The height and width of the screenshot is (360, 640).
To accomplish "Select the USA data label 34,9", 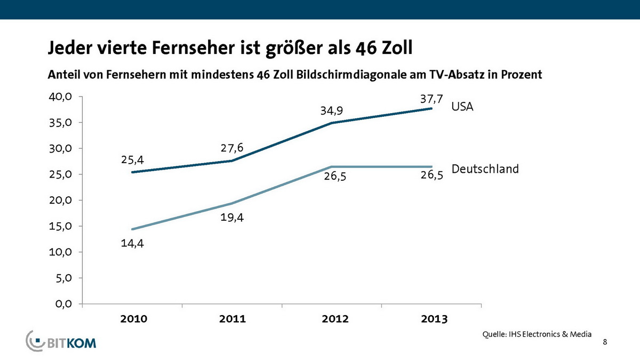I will click(x=331, y=111).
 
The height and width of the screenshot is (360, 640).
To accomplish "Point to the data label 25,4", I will click(x=132, y=159).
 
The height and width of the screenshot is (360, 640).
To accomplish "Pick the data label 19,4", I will click(x=232, y=218).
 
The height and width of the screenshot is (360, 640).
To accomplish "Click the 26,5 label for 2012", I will click(x=335, y=177).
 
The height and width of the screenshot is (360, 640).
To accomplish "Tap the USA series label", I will click(x=462, y=107).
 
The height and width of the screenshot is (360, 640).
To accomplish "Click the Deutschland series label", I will click(x=485, y=169).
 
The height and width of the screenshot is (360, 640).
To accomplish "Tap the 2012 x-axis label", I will click(x=334, y=319).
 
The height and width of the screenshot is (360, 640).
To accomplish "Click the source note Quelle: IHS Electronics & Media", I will click(x=537, y=334).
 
